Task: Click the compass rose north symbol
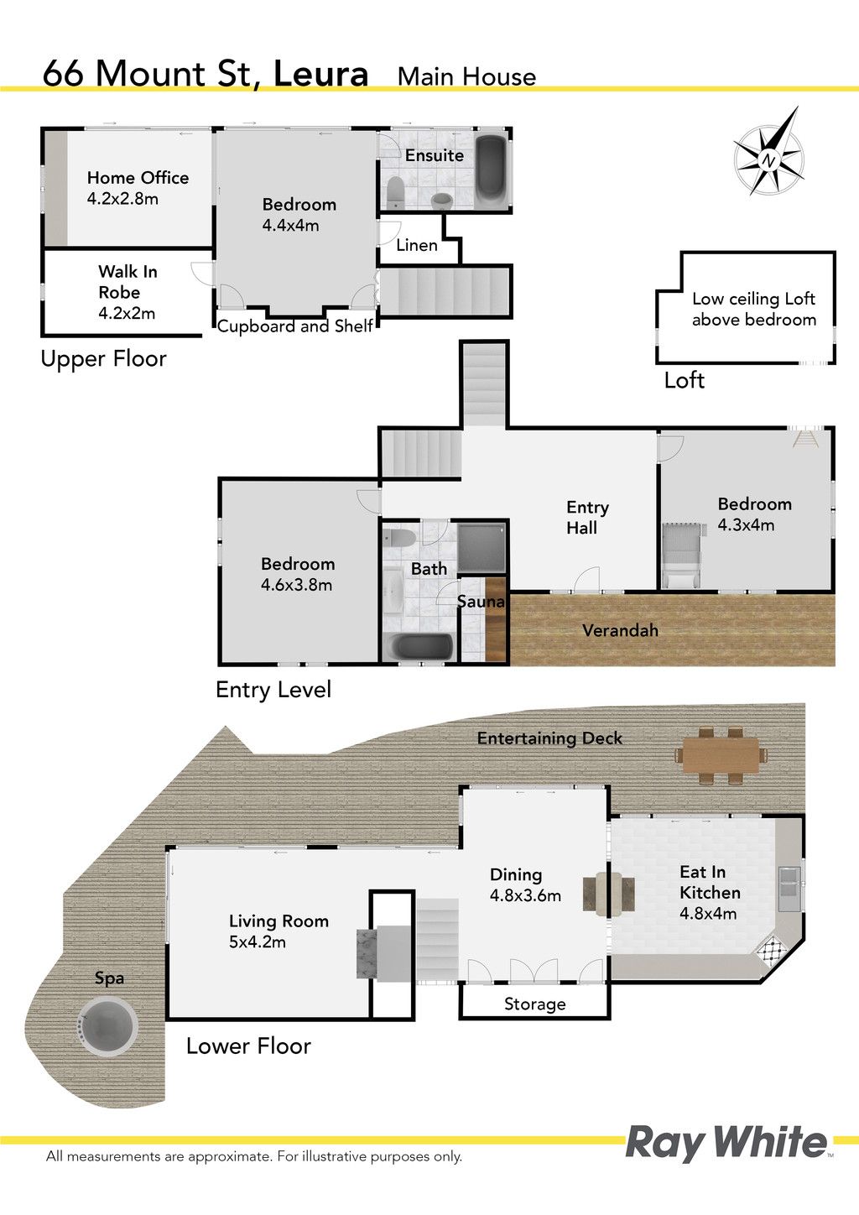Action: (768, 152)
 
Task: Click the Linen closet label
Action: (416, 245)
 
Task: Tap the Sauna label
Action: (481, 601)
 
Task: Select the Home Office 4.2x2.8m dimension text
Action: (122, 199)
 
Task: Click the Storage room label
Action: (534, 1004)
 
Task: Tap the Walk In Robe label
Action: (128, 281)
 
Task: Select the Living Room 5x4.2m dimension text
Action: (257, 941)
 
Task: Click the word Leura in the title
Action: (321, 74)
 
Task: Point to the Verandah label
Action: (621, 630)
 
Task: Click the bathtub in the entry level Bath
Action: (423, 647)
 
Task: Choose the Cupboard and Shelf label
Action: (295, 326)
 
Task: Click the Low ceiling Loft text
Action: (754, 299)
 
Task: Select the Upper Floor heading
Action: (103, 359)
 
